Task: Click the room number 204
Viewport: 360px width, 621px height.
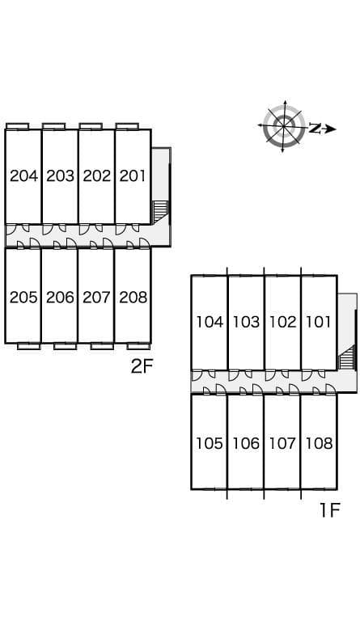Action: pyautogui.click(x=23, y=175)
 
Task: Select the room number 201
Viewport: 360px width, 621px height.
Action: pyautogui.click(x=133, y=175)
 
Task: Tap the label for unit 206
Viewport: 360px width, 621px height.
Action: pyautogui.click(x=60, y=297)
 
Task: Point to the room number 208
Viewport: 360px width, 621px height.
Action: pyautogui.click(x=133, y=297)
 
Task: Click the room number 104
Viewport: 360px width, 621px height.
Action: pyautogui.click(x=210, y=322)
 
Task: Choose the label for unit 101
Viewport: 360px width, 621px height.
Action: pyautogui.click(x=318, y=322)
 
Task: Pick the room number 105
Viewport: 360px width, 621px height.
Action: pyautogui.click(x=210, y=443)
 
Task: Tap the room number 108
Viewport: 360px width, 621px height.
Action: pyautogui.click(x=320, y=443)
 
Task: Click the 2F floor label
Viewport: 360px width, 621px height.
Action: pyautogui.click(x=142, y=367)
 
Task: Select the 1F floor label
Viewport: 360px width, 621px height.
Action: pyautogui.click(x=330, y=510)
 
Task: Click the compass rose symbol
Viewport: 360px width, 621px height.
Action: pyautogui.click(x=284, y=126)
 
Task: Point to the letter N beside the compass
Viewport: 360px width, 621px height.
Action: pyautogui.click(x=315, y=129)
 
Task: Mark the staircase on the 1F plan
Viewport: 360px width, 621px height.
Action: pyautogui.click(x=347, y=357)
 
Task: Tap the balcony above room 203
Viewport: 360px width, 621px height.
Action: pyautogui.click(x=54, y=126)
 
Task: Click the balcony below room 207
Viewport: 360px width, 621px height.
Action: pyautogui.click(x=102, y=346)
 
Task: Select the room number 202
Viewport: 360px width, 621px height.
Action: pyautogui.click(x=96, y=175)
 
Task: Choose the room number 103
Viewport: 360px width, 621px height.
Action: pyautogui.click(x=246, y=322)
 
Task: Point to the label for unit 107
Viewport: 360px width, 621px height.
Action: pyautogui.click(x=282, y=443)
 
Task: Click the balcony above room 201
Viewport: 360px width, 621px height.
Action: pyautogui.click(x=127, y=126)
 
